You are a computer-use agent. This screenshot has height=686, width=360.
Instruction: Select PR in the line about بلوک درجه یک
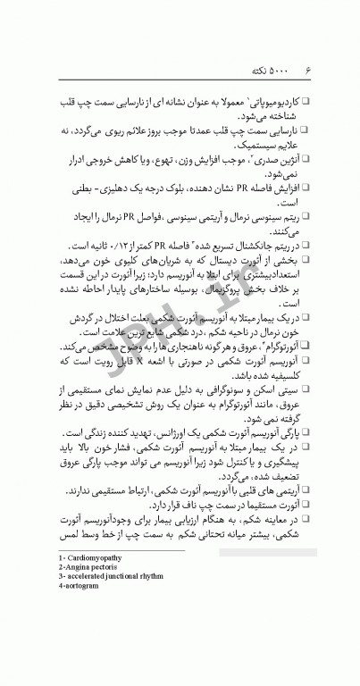(234, 190)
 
